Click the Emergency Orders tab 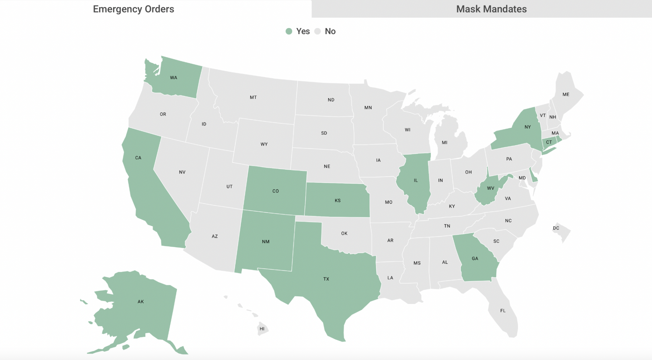pyautogui.click(x=133, y=9)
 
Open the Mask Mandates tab pyautogui.click(x=491, y=9)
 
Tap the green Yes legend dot pyautogui.click(x=289, y=31)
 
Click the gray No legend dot pyautogui.click(x=317, y=31)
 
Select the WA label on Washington pyautogui.click(x=174, y=78)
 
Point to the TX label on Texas pyautogui.click(x=326, y=279)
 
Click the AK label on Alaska pyautogui.click(x=141, y=301)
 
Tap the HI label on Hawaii pyautogui.click(x=262, y=329)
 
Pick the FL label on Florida pyautogui.click(x=503, y=311)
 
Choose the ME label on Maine pyautogui.click(x=566, y=95)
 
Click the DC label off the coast pyautogui.click(x=556, y=228)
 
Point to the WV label pyautogui.click(x=490, y=188)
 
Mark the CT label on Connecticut pyautogui.click(x=549, y=142)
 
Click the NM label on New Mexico pyautogui.click(x=266, y=242)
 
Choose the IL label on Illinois pyautogui.click(x=415, y=180)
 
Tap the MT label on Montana pyautogui.click(x=253, y=97)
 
